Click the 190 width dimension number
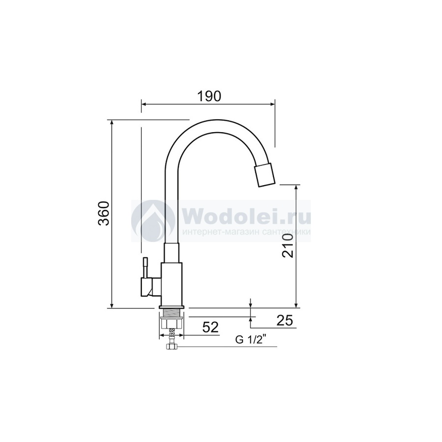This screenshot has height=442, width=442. (x=209, y=96)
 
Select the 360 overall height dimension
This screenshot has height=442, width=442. (x=104, y=214)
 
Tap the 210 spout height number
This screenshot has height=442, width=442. (x=287, y=246)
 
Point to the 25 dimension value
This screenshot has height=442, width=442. (x=285, y=320)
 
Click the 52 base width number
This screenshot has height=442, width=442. (x=211, y=327)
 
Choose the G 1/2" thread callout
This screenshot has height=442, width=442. (x=249, y=340)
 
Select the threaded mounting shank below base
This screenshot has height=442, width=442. (x=171, y=313)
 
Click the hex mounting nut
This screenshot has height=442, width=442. (x=171, y=323)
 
